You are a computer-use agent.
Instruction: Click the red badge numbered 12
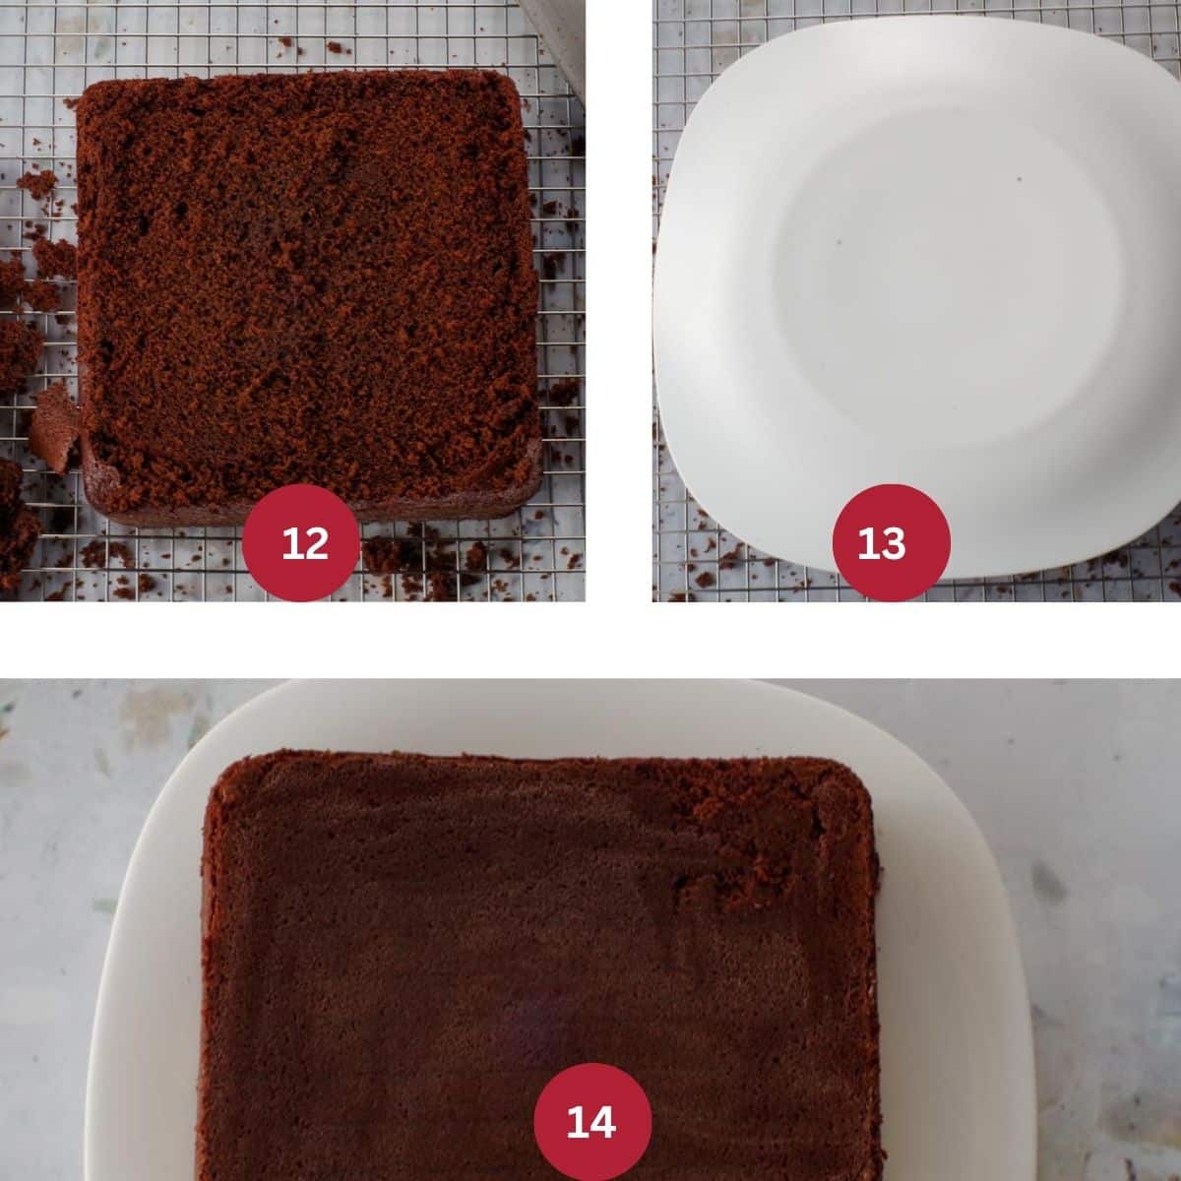coord(300,543)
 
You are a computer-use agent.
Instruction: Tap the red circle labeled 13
coord(891,543)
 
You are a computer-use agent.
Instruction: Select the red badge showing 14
coord(592,1122)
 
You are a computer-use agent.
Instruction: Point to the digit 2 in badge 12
coord(315,543)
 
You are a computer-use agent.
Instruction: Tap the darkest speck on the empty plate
coord(1020,179)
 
